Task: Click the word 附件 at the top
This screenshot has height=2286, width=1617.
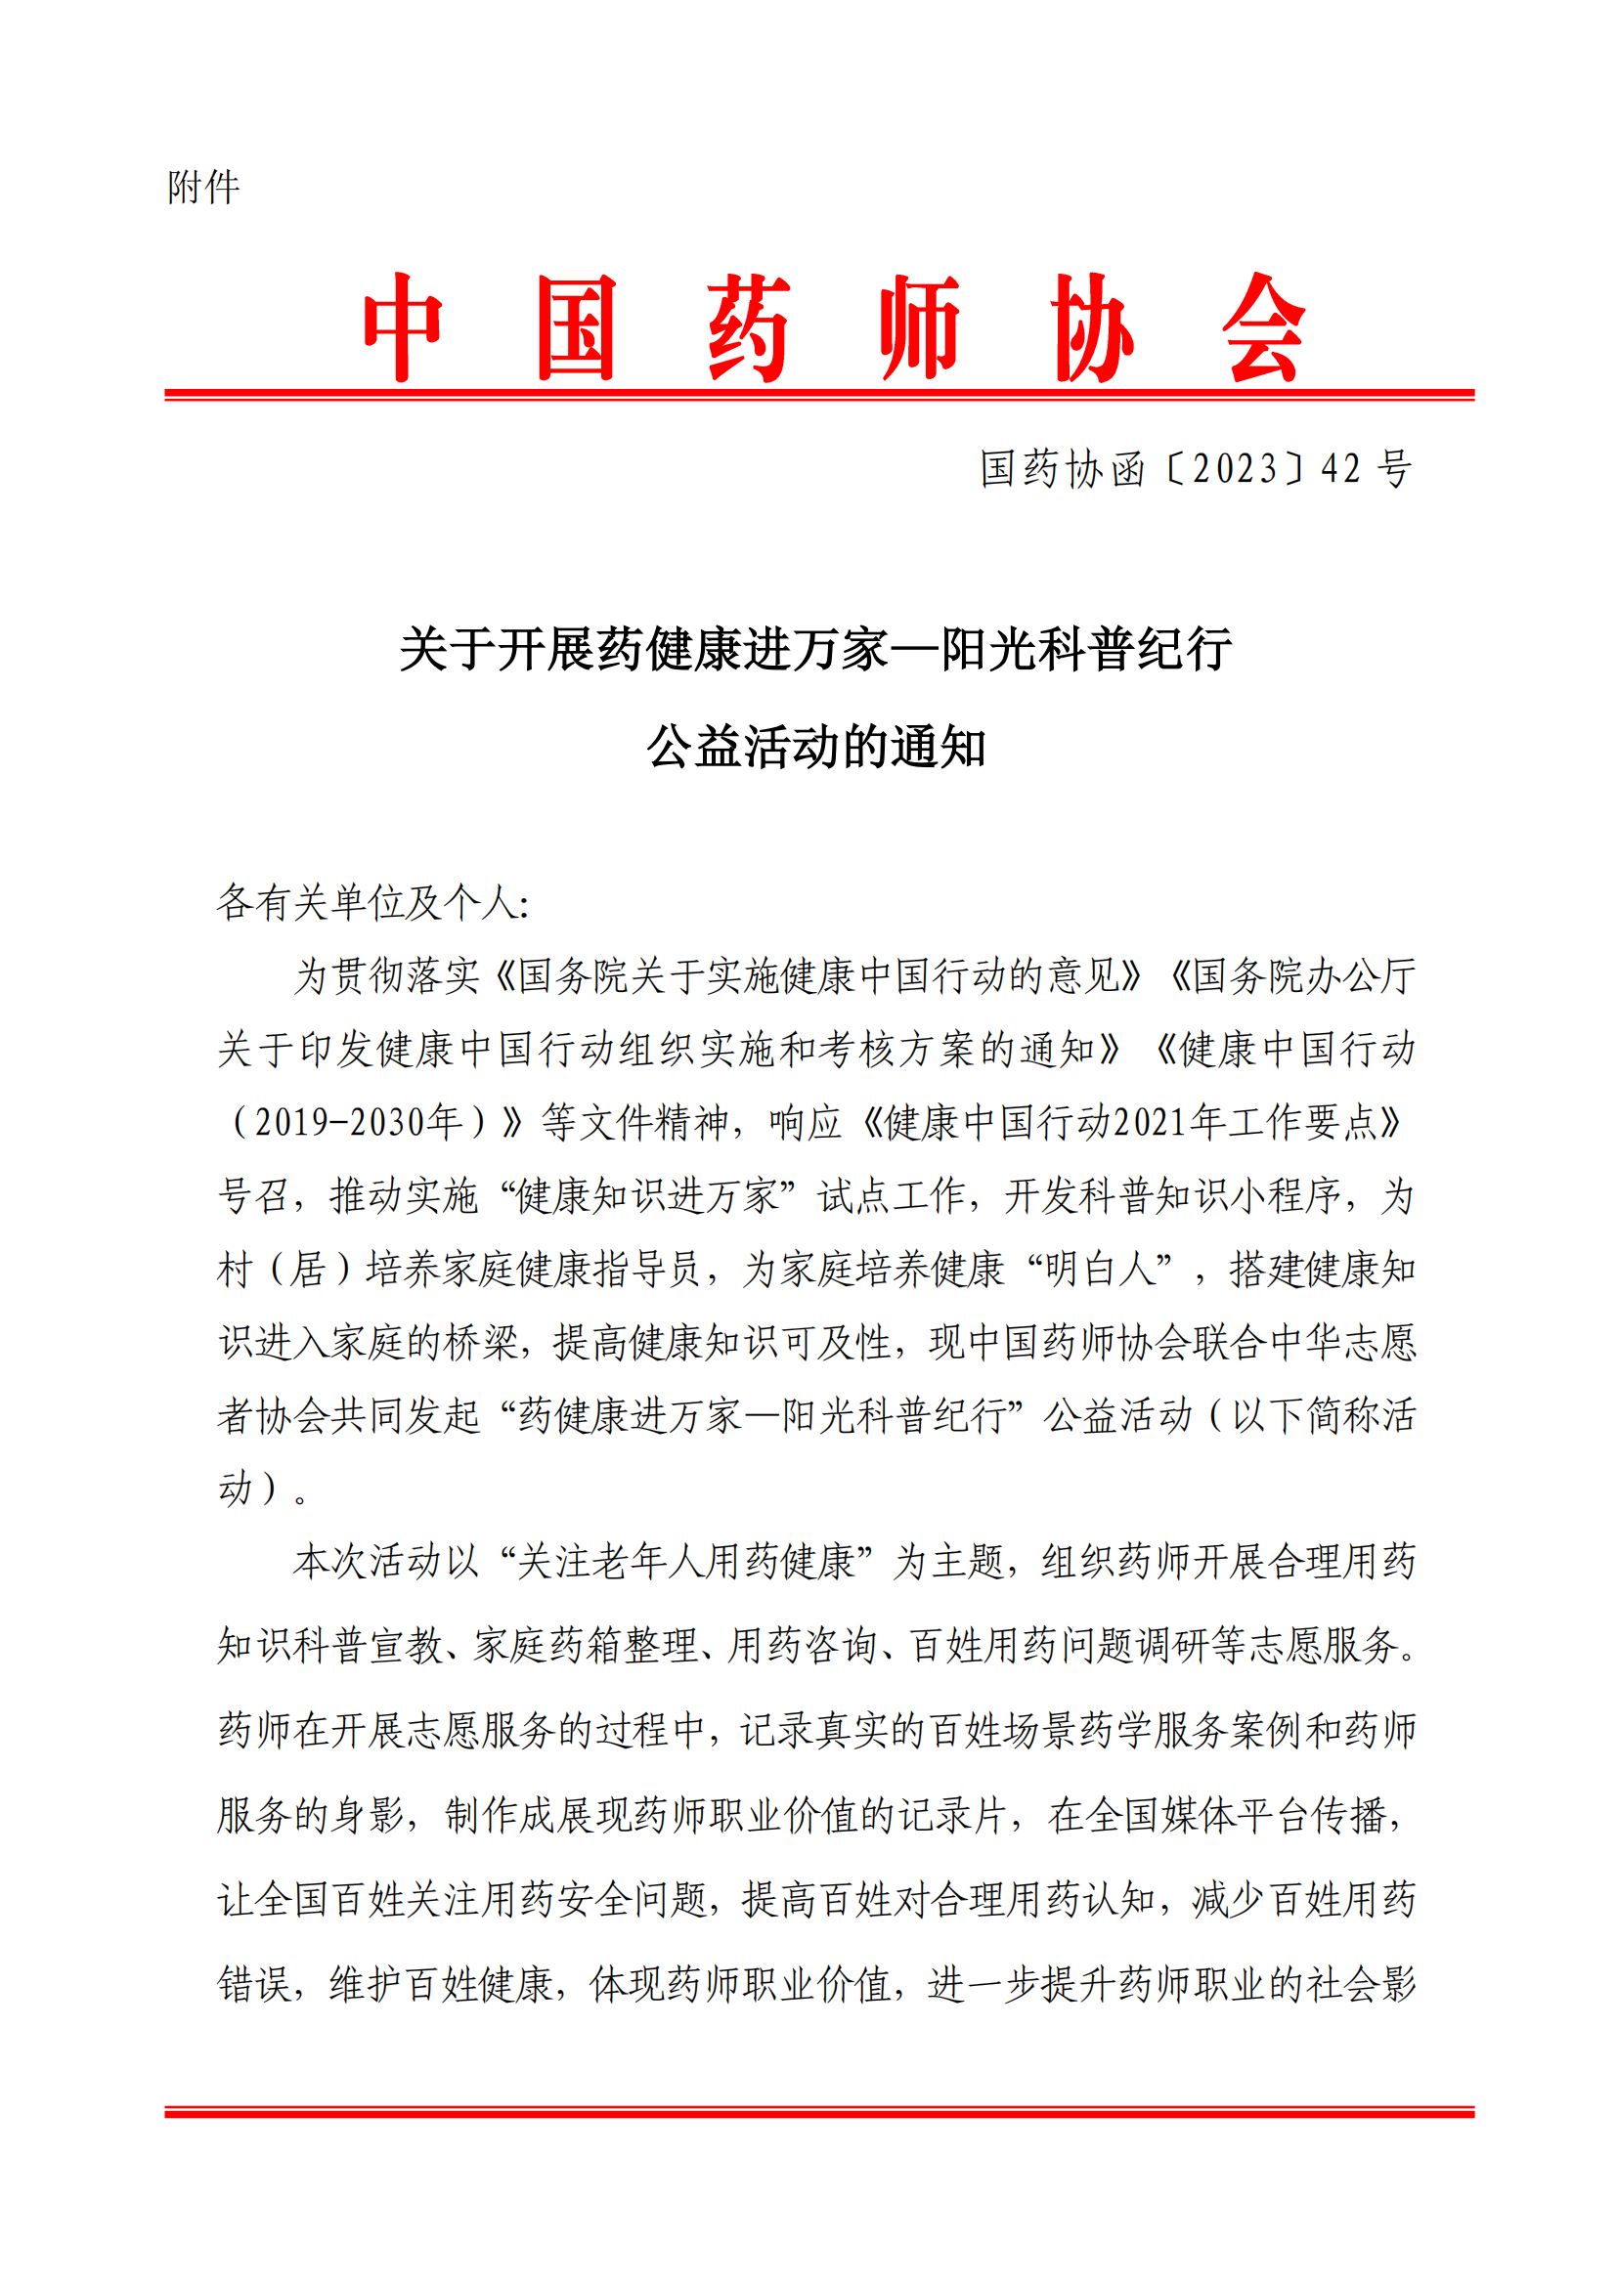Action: tap(203, 188)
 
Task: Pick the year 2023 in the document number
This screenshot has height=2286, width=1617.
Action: tap(1235, 469)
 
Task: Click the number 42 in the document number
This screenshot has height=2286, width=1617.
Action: tap(1341, 469)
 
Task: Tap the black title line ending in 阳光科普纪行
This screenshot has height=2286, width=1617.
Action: tap(815, 650)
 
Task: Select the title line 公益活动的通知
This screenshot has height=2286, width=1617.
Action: tap(815, 747)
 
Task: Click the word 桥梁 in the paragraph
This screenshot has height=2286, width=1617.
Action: tap(481, 1343)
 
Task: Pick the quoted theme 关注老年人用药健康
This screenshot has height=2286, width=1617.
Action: tap(686, 1562)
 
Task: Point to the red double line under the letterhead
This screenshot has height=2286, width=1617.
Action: tap(818, 395)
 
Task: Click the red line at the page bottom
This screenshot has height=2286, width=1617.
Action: tap(818, 2112)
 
